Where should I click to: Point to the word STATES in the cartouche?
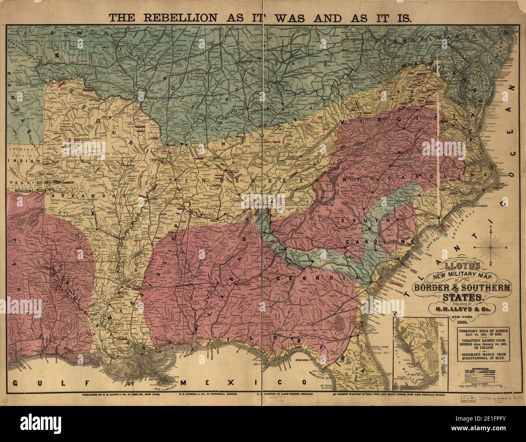(462, 297)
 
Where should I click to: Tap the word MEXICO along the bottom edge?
(225, 382)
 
